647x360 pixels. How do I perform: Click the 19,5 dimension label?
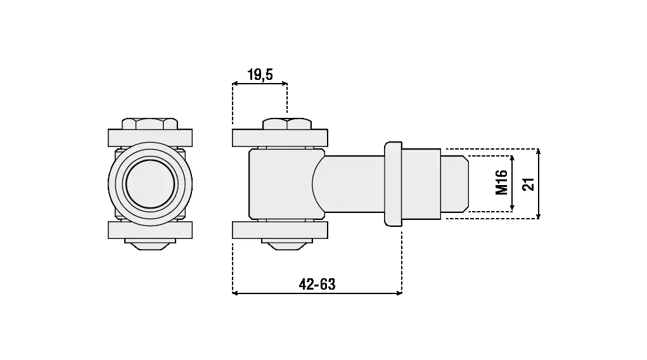pos(260,75)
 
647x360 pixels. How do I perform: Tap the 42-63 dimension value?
pos(317,284)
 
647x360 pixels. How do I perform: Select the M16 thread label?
pos(501,182)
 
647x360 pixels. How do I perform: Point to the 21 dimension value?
pos(528,184)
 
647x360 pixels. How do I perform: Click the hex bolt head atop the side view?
pos(287,124)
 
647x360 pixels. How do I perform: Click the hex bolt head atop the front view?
pos(150,124)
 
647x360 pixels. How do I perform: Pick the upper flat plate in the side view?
pos(280,138)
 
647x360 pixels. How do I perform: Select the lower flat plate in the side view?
pos(280,230)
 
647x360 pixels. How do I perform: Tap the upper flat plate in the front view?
pos(150,138)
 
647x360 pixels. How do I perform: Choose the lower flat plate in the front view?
pos(150,230)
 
